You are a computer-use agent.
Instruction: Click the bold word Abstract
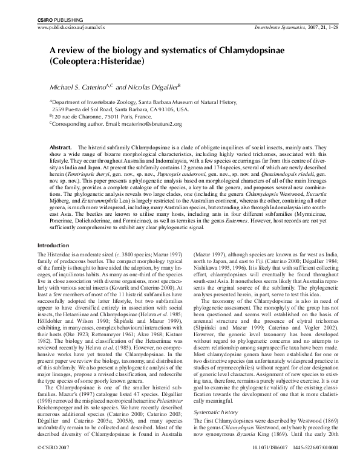(x=61, y=147)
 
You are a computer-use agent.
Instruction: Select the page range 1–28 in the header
(x=315, y=28)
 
